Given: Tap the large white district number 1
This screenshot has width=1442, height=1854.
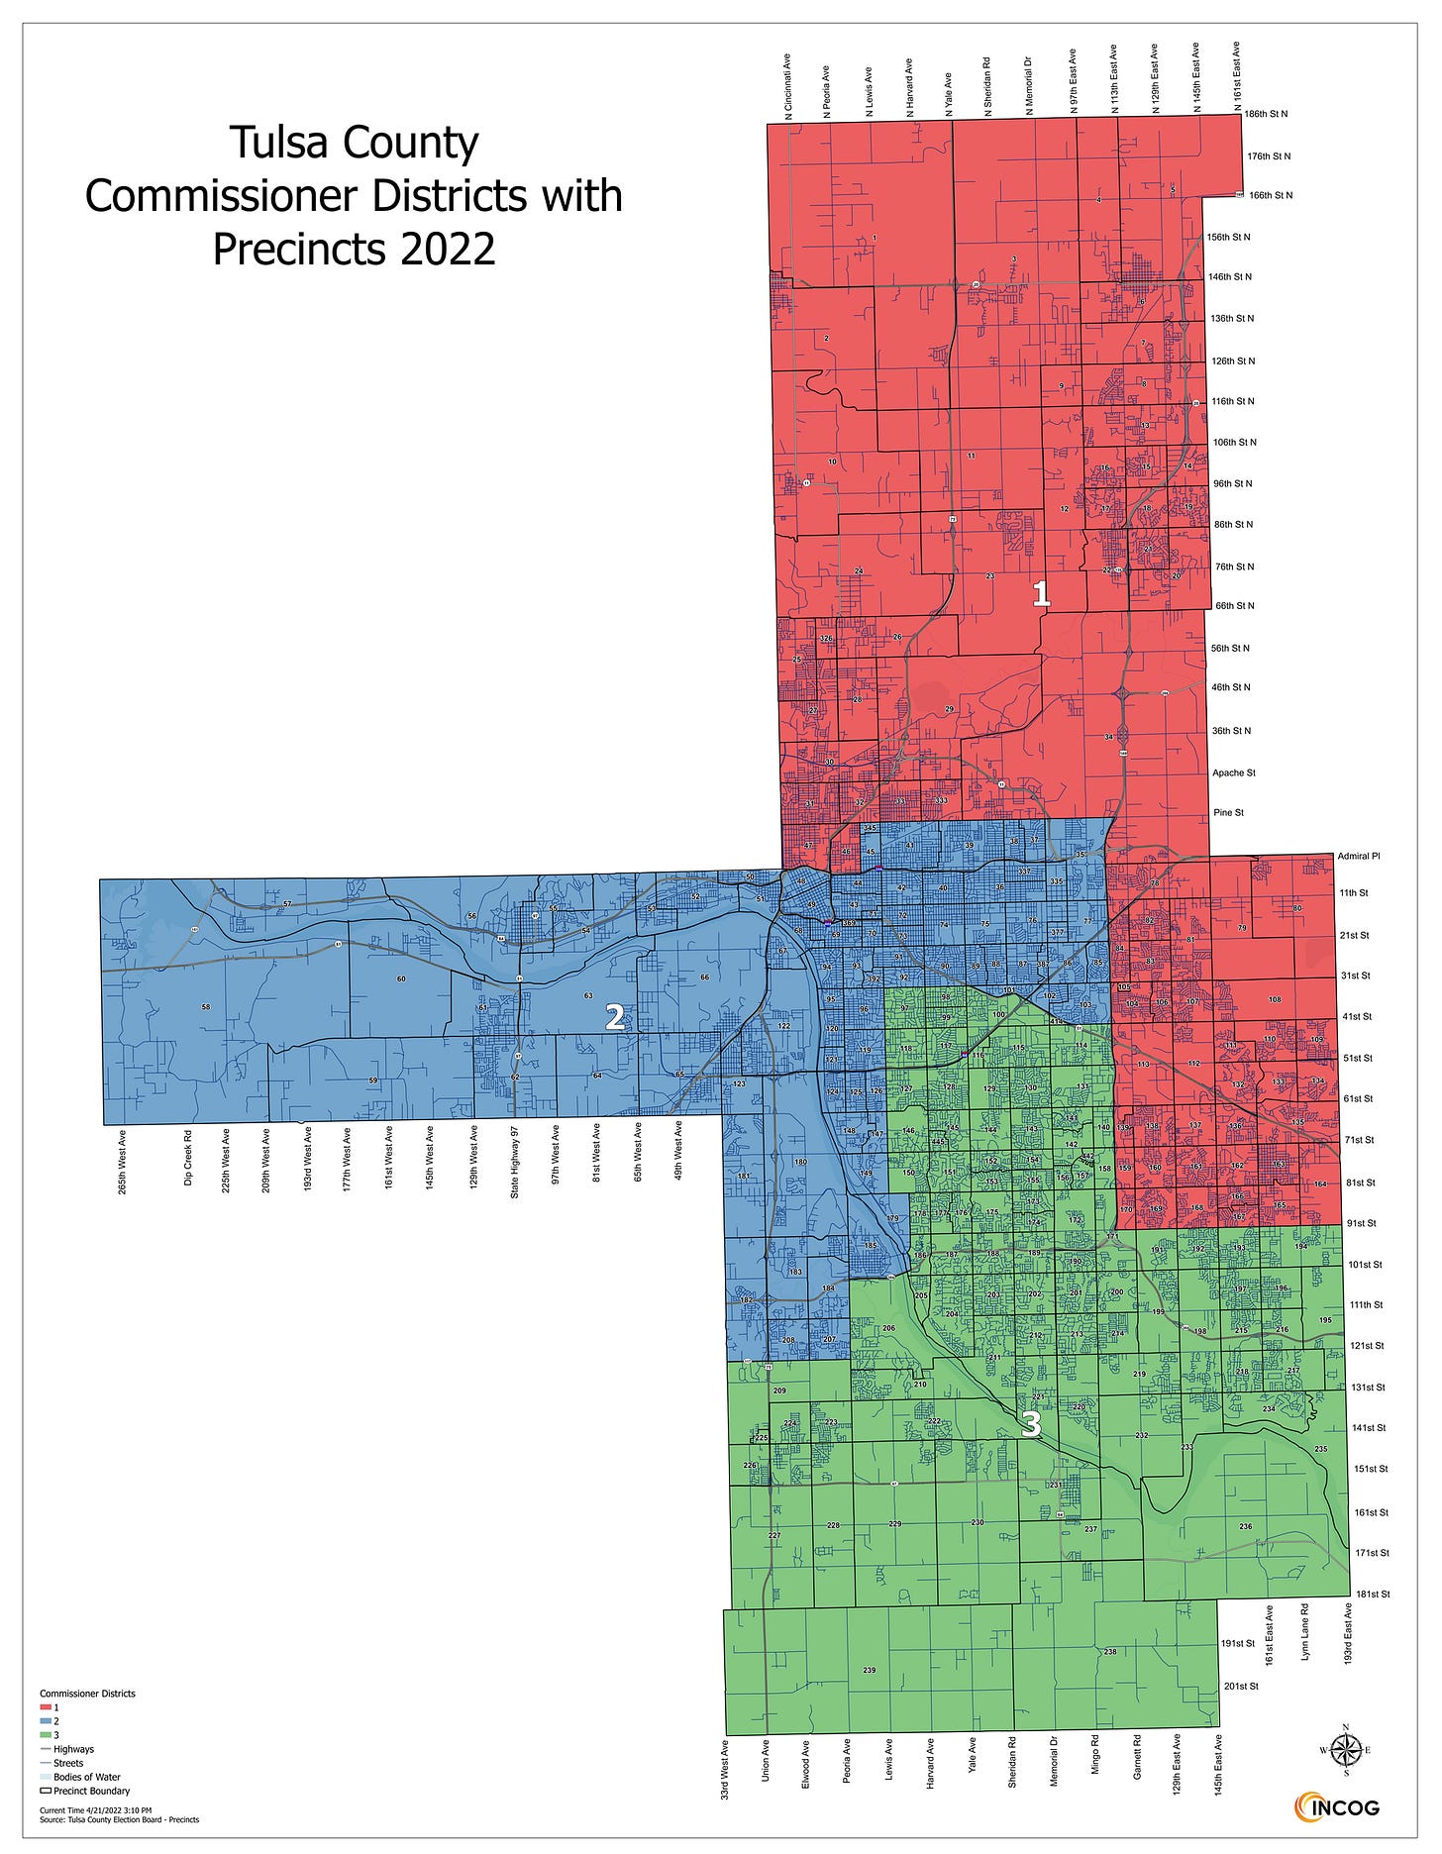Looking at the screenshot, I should (1041, 594).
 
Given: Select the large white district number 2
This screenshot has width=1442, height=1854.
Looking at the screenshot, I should (615, 1017).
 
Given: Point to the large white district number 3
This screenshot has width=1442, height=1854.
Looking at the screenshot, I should (1031, 1424).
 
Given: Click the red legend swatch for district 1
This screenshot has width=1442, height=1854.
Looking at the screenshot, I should (47, 1707).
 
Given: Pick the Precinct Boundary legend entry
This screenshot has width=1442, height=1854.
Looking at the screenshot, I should (91, 1791).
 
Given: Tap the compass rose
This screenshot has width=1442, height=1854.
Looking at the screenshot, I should (1344, 1751).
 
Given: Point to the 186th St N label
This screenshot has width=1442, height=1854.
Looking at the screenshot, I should (1266, 115).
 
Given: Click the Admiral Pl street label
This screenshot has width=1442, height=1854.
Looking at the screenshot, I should (1358, 856).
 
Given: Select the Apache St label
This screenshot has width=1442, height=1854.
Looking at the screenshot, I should (1233, 772).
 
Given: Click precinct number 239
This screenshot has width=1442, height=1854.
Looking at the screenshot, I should (870, 1671).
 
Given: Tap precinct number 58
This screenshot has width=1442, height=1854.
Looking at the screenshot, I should (206, 1007).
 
